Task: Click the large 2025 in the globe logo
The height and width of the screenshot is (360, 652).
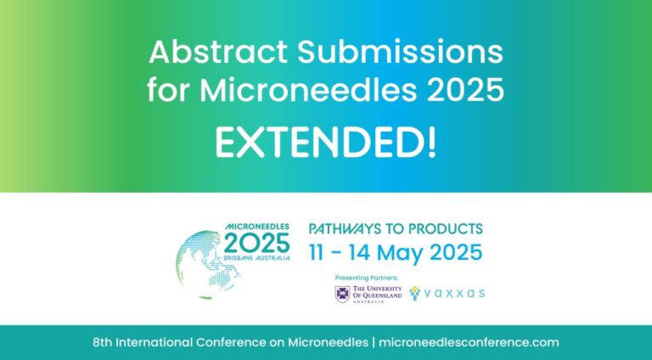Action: click(257, 244)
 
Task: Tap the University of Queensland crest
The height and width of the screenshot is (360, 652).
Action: click(342, 294)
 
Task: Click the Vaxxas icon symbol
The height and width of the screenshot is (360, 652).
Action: click(415, 293)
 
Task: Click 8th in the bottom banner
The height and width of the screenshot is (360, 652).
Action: click(104, 342)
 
